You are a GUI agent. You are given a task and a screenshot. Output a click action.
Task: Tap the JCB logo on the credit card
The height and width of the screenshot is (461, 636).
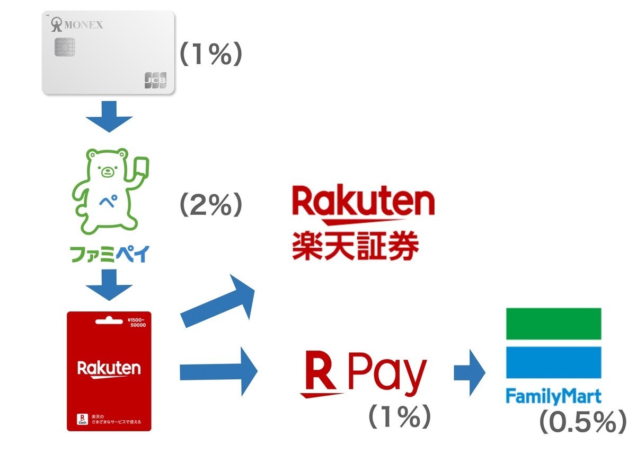pos(155,80)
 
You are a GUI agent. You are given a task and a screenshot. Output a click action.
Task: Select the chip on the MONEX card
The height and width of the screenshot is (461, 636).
pos(65,47)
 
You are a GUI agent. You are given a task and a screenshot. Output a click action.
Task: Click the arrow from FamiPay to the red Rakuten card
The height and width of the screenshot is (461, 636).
pos(109,285)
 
